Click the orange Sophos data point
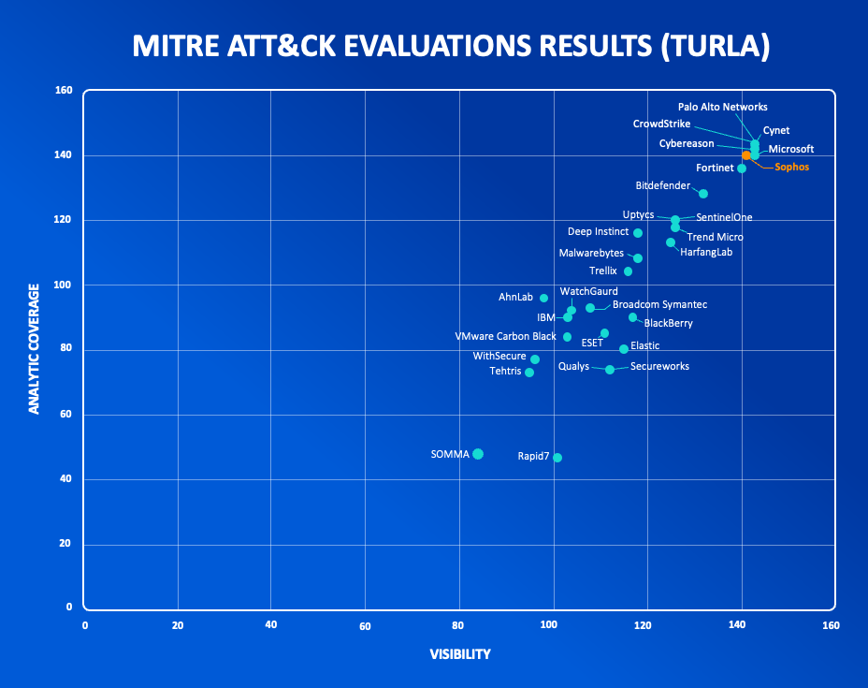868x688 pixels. click(x=746, y=155)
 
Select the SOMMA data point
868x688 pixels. click(x=478, y=454)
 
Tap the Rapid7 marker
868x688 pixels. click(x=557, y=458)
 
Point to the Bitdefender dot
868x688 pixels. click(x=703, y=194)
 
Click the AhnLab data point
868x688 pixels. click(x=543, y=298)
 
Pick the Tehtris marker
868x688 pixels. click(x=529, y=373)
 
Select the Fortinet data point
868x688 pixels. click(x=742, y=168)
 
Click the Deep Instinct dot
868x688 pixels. click(x=638, y=233)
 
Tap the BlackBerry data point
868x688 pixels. click(x=633, y=317)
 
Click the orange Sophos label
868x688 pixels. click(x=791, y=168)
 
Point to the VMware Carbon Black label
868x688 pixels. click(x=505, y=336)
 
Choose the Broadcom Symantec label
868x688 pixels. click(x=659, y=305)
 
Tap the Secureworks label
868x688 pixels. click(x=659, y=367)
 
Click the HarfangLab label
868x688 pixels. click(x=706, y=252)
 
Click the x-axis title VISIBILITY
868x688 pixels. click(x=459, y=654)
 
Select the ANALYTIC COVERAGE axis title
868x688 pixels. click(x=35, y=348)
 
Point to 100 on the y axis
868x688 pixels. click(x=64, y=285)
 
